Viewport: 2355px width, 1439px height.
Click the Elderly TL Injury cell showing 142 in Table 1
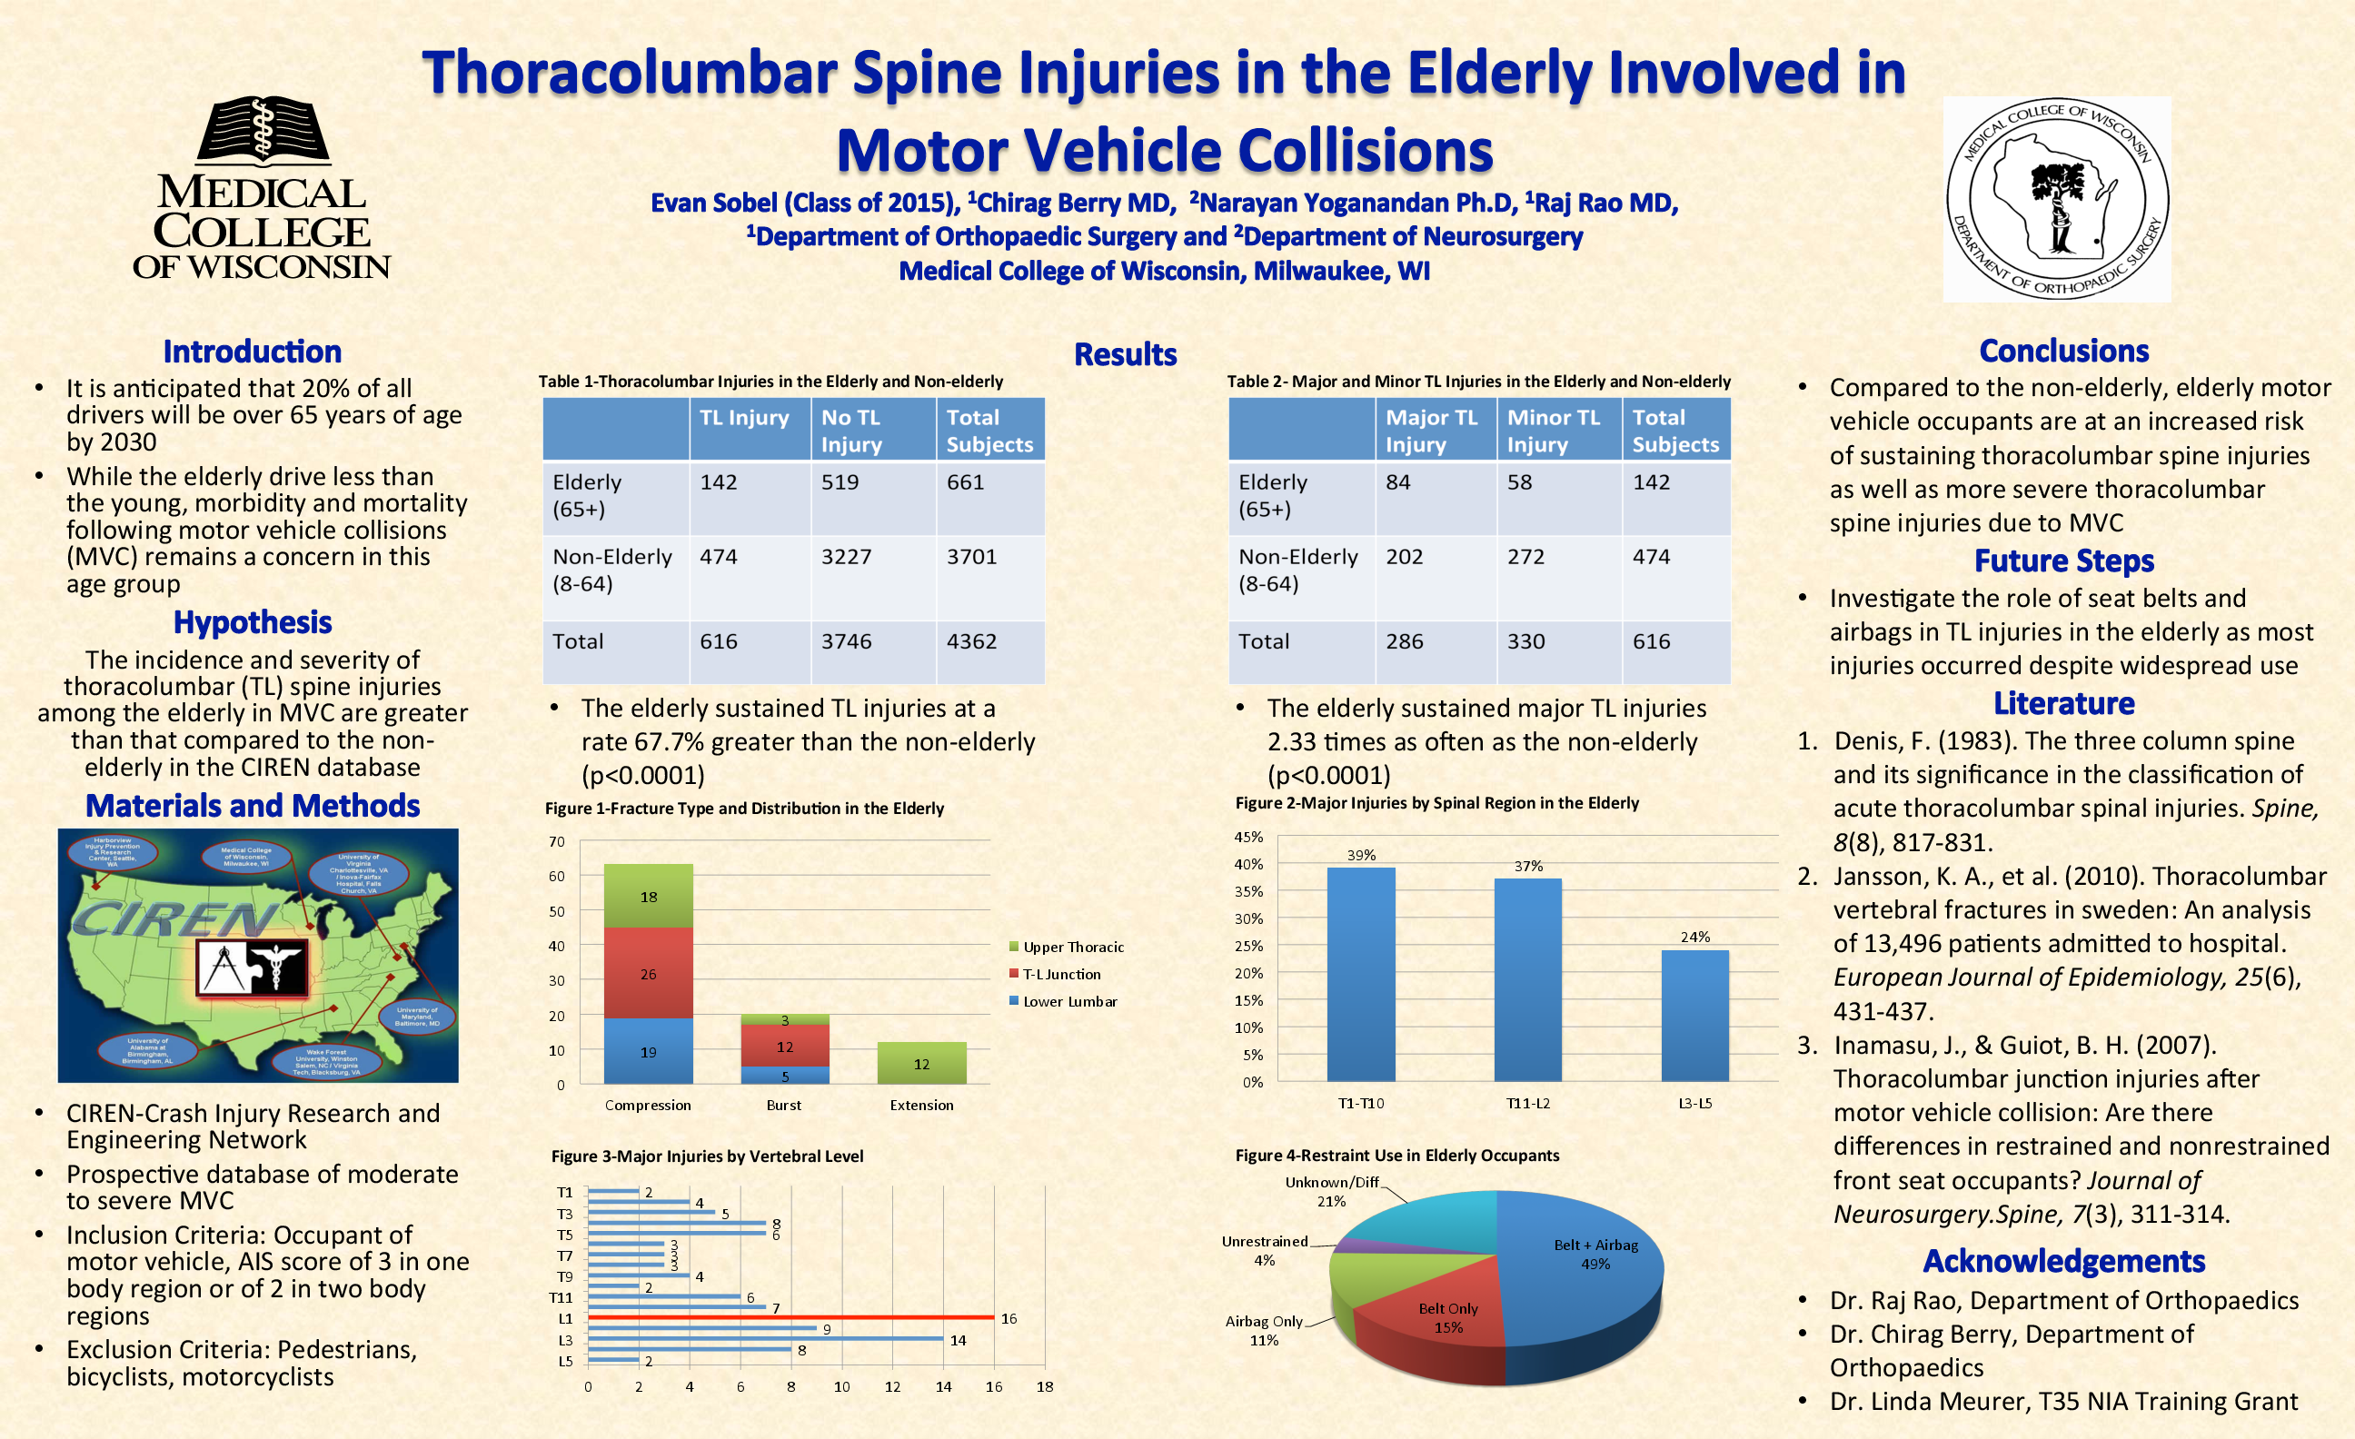(x=719, y=482)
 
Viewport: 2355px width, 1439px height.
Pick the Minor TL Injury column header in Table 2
(x=1553, y=431)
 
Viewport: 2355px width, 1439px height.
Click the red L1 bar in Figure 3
(x=790, y=1316)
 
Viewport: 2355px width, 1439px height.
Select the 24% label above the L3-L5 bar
(x=1694, y=937)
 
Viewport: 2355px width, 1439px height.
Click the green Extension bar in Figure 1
(x=921, y=1063)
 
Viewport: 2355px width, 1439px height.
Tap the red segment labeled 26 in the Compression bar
(x=648, y=973)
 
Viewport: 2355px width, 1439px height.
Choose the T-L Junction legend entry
(x=1061, y=975)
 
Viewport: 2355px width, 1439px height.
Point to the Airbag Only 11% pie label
(x=1264, y=1330)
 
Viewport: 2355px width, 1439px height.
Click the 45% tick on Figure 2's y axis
(x=1248, y=837)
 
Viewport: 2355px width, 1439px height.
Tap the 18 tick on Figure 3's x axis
(x=1045, y=1386)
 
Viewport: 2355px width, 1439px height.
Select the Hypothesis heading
(x=253, y=623)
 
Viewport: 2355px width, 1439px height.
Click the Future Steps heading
(x=2063, y=561)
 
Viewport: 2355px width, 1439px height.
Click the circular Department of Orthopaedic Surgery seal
(x=2057, y=199)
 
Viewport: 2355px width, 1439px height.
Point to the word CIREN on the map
(x=172, y=919)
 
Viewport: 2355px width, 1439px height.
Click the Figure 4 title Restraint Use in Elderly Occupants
(x=1396, y=1156)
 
